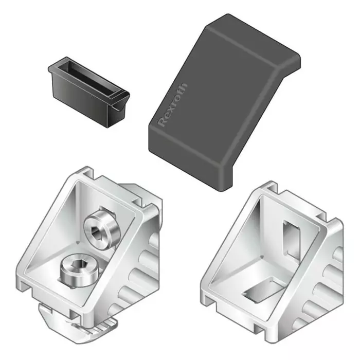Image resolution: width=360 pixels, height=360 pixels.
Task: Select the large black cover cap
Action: (x=216, y=103)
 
